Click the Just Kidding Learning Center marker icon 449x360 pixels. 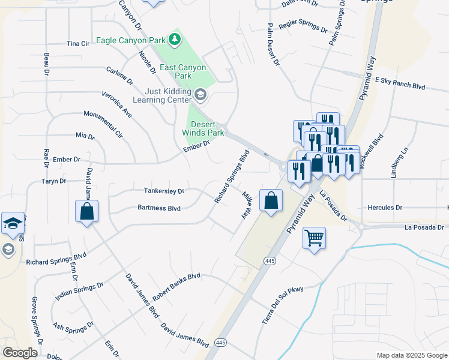(200, 94)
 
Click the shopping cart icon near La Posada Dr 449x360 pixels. (314, 238)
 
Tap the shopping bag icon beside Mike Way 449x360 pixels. (271, 199)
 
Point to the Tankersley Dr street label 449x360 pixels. (164, 191)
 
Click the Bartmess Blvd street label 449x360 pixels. (159, 209)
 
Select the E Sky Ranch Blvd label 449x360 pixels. (399, 83)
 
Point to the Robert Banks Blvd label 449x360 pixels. (176, 287)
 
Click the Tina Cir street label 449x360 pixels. (78, 44)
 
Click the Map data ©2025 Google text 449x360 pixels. (411, 355)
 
